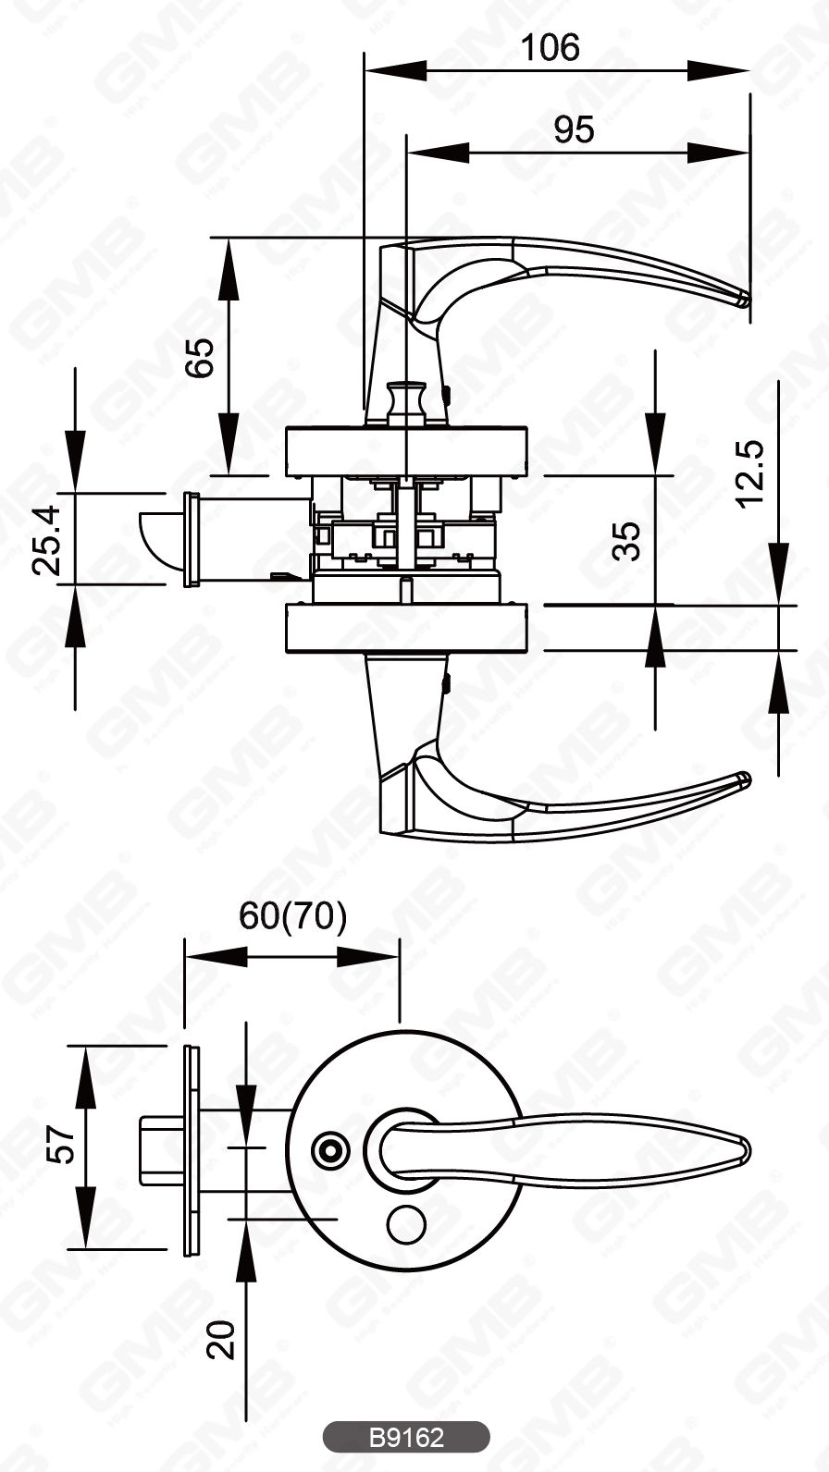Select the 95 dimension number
(574, 130)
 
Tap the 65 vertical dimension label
(200, 357)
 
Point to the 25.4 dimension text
(47, 541)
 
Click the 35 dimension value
(626, 541)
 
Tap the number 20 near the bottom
(221, 1339)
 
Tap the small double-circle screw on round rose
(328, 1151)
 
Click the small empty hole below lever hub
(402, 1224)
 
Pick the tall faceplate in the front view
(191, 1150)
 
